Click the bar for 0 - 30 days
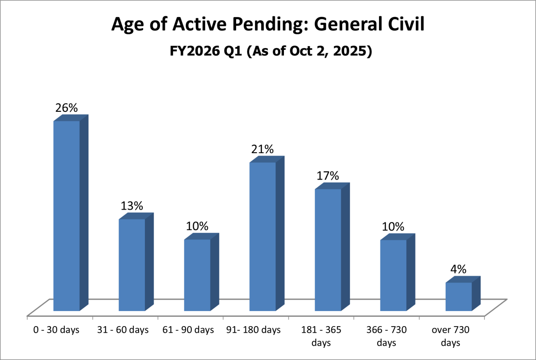click(67, 216)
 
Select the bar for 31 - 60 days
click(132, 265)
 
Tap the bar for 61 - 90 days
click(197, 275)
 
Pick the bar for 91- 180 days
click(263, 237)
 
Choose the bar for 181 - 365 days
click(328, 250)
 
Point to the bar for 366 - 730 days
click(393, 275)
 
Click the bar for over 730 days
click(459, 296)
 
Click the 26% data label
click(67, 108)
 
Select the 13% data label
click(132, 206)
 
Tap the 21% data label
click(263, 149)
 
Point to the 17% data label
click(328, 176)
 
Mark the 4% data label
click(459, 269)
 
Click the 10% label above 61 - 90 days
click(197, 226)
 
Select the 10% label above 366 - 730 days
click(393, 227)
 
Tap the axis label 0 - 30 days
click(56, 330)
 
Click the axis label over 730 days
click(450, 337)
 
